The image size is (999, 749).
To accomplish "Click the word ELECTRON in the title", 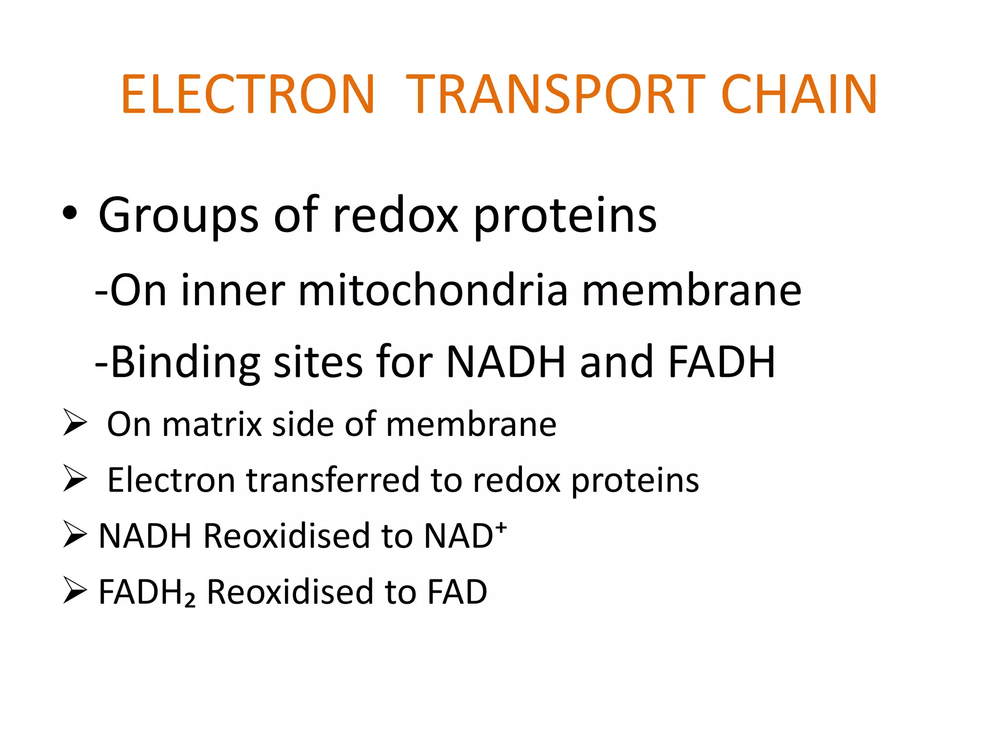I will (x=248, y=95).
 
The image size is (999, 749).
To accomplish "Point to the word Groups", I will (x=178, y=216).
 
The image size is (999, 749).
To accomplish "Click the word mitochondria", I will (x=433, y=291).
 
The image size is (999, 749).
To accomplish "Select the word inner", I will (x=233, y=291).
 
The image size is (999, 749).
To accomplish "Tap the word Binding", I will (x=185, y=363).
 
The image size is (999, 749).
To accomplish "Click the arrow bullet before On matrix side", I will (x=75, y=422).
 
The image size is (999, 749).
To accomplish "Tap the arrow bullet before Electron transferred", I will (x=75, y=478).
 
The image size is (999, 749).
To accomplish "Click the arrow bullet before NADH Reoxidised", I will (x=75, y=534).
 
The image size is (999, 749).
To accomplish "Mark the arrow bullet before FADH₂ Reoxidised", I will (x=75, y=590).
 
